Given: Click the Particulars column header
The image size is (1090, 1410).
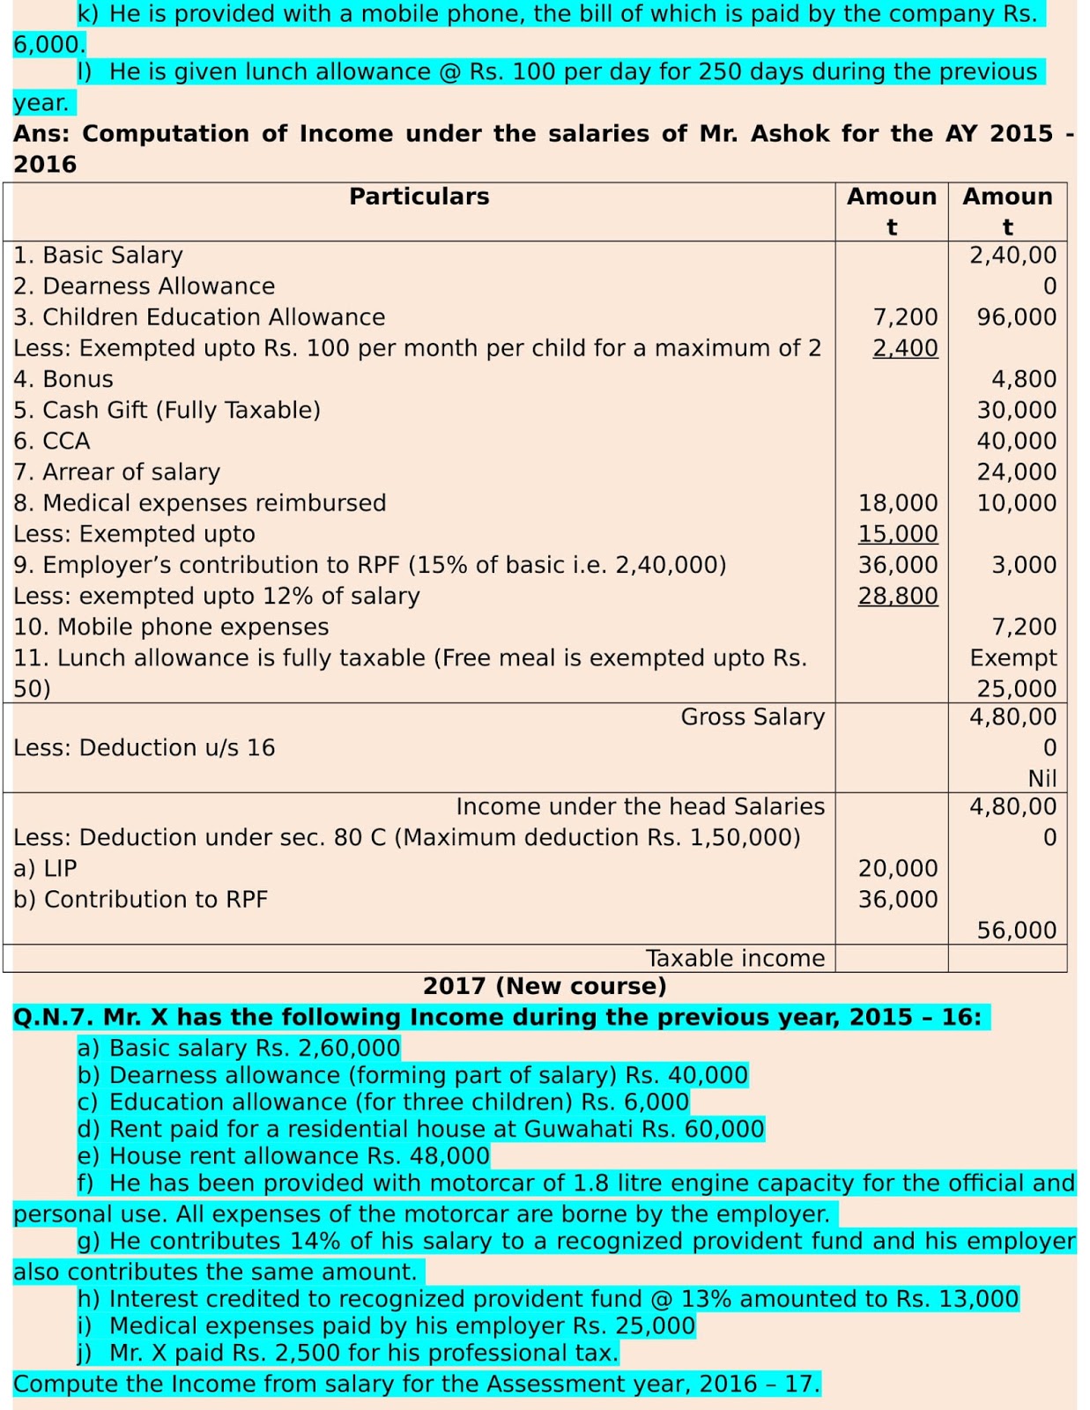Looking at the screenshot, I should coord(419,197).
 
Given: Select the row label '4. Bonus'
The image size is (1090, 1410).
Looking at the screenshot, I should coord(63,379).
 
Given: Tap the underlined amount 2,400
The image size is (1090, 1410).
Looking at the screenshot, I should coord(905,348).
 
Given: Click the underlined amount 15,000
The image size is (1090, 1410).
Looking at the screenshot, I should coord(898,534).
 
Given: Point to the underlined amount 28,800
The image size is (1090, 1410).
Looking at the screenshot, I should coord(898,596).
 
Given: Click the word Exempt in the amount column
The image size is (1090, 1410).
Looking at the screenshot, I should coord(1012,657).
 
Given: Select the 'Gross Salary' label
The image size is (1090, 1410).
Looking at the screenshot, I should coord(753,717).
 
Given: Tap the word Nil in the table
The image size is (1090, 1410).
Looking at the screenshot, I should coord(1042,778).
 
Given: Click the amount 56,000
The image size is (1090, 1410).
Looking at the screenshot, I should coord(1016,930).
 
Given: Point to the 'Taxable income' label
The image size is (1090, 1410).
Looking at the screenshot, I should coord(735,958).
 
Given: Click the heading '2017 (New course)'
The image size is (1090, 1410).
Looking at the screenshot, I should coord(545,986).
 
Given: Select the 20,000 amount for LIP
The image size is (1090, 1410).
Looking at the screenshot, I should coord(898,868).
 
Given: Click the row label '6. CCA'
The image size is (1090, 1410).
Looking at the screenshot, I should coord(52,441).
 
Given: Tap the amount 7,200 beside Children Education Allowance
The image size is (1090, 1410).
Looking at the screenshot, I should coord(905,317).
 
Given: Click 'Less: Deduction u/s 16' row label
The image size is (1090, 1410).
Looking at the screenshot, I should coord(144,747).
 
